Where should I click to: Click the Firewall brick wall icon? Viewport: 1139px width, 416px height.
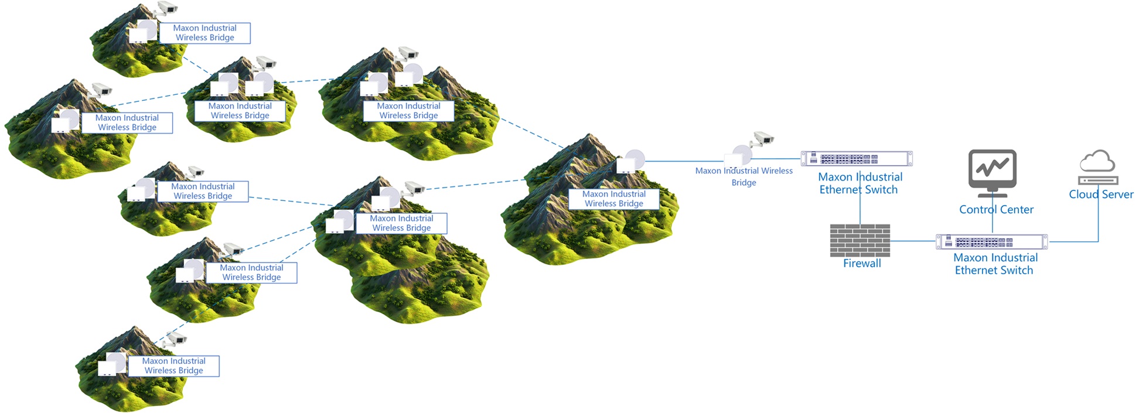(x=860, y=240)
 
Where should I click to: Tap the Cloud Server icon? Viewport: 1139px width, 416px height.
(x=1098, y=168)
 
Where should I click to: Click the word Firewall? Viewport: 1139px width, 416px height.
(x=862, y=264)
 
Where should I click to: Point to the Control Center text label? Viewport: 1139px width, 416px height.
(x=996, y=210)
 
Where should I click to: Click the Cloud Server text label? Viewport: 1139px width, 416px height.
(x=1101, y=195)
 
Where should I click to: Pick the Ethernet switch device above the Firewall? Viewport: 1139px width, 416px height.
(x=857, y=159)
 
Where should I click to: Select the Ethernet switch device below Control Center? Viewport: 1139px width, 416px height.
(x=991, y=242)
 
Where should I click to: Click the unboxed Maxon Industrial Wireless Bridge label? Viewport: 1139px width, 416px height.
(x=744, y=176)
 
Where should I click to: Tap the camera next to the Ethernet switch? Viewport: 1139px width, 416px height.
(x=763, y=139)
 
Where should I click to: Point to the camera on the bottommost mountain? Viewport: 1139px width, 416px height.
(x=176, y=339)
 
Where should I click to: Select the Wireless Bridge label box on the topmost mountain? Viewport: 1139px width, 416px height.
(x=204, y=33)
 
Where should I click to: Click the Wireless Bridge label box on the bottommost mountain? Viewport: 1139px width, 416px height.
(x=173, y=366)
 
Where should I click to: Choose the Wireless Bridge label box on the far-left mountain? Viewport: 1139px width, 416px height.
(x=127, y=123)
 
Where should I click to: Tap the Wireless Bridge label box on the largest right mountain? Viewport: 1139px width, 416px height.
(x=613, y=199)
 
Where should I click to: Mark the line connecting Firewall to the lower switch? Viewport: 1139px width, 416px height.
(x=913, y=241)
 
